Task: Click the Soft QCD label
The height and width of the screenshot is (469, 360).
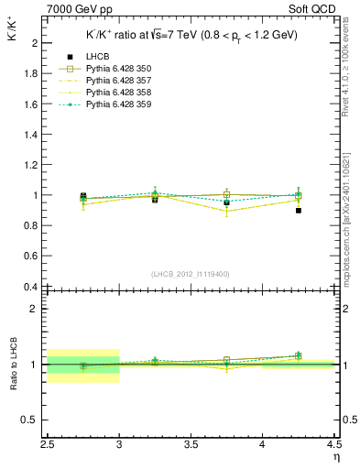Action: tap(315, 7)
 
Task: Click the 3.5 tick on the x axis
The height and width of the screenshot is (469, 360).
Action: tap(191, 447)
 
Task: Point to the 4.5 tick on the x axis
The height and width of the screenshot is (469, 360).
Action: tap(333, 447)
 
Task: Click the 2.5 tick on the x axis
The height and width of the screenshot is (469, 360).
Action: tap(49, 447)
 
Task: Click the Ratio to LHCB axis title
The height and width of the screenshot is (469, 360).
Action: tap(13, 365)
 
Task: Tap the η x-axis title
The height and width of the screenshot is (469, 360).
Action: tap(336, 457)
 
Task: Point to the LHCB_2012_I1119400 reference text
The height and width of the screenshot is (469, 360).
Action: tap(191, 274)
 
